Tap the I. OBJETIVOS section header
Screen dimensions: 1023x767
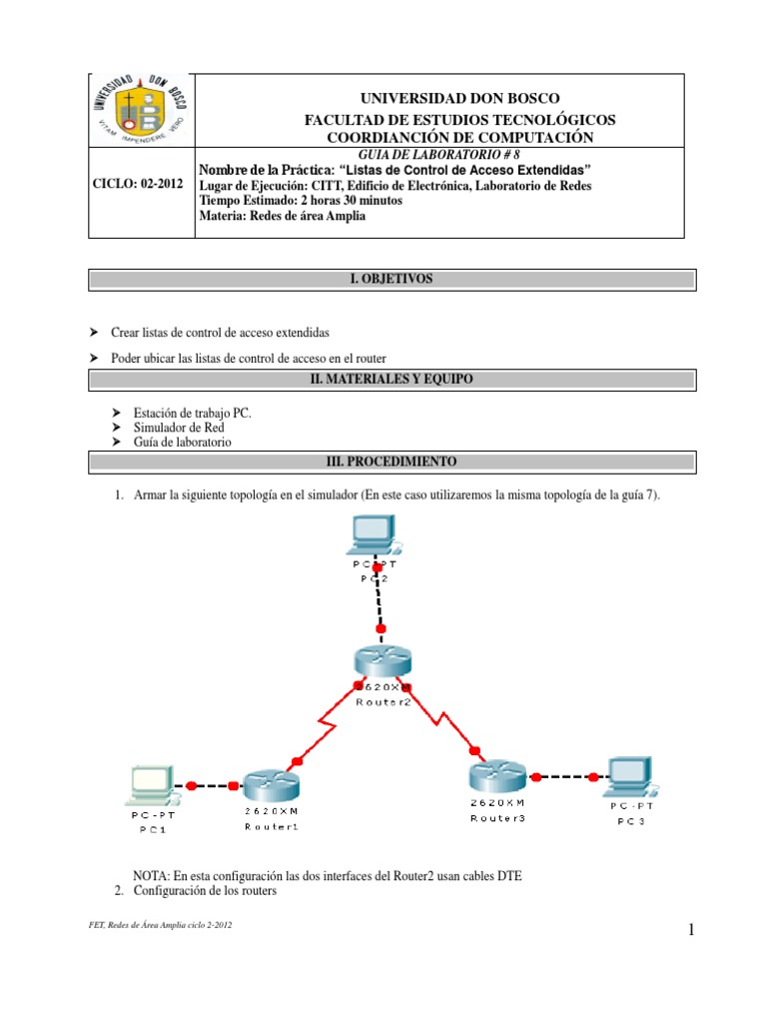tap(389, 279)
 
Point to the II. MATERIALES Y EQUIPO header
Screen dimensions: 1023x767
tap(389, 379)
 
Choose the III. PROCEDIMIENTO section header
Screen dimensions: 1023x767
tap(389, 462)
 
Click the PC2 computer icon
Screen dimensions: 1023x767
tap(374, 534)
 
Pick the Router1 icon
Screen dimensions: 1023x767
tap(270, 787)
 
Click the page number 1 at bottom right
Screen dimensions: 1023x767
tap(689, 932)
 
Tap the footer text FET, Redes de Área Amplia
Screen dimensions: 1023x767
tap(160, 925)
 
